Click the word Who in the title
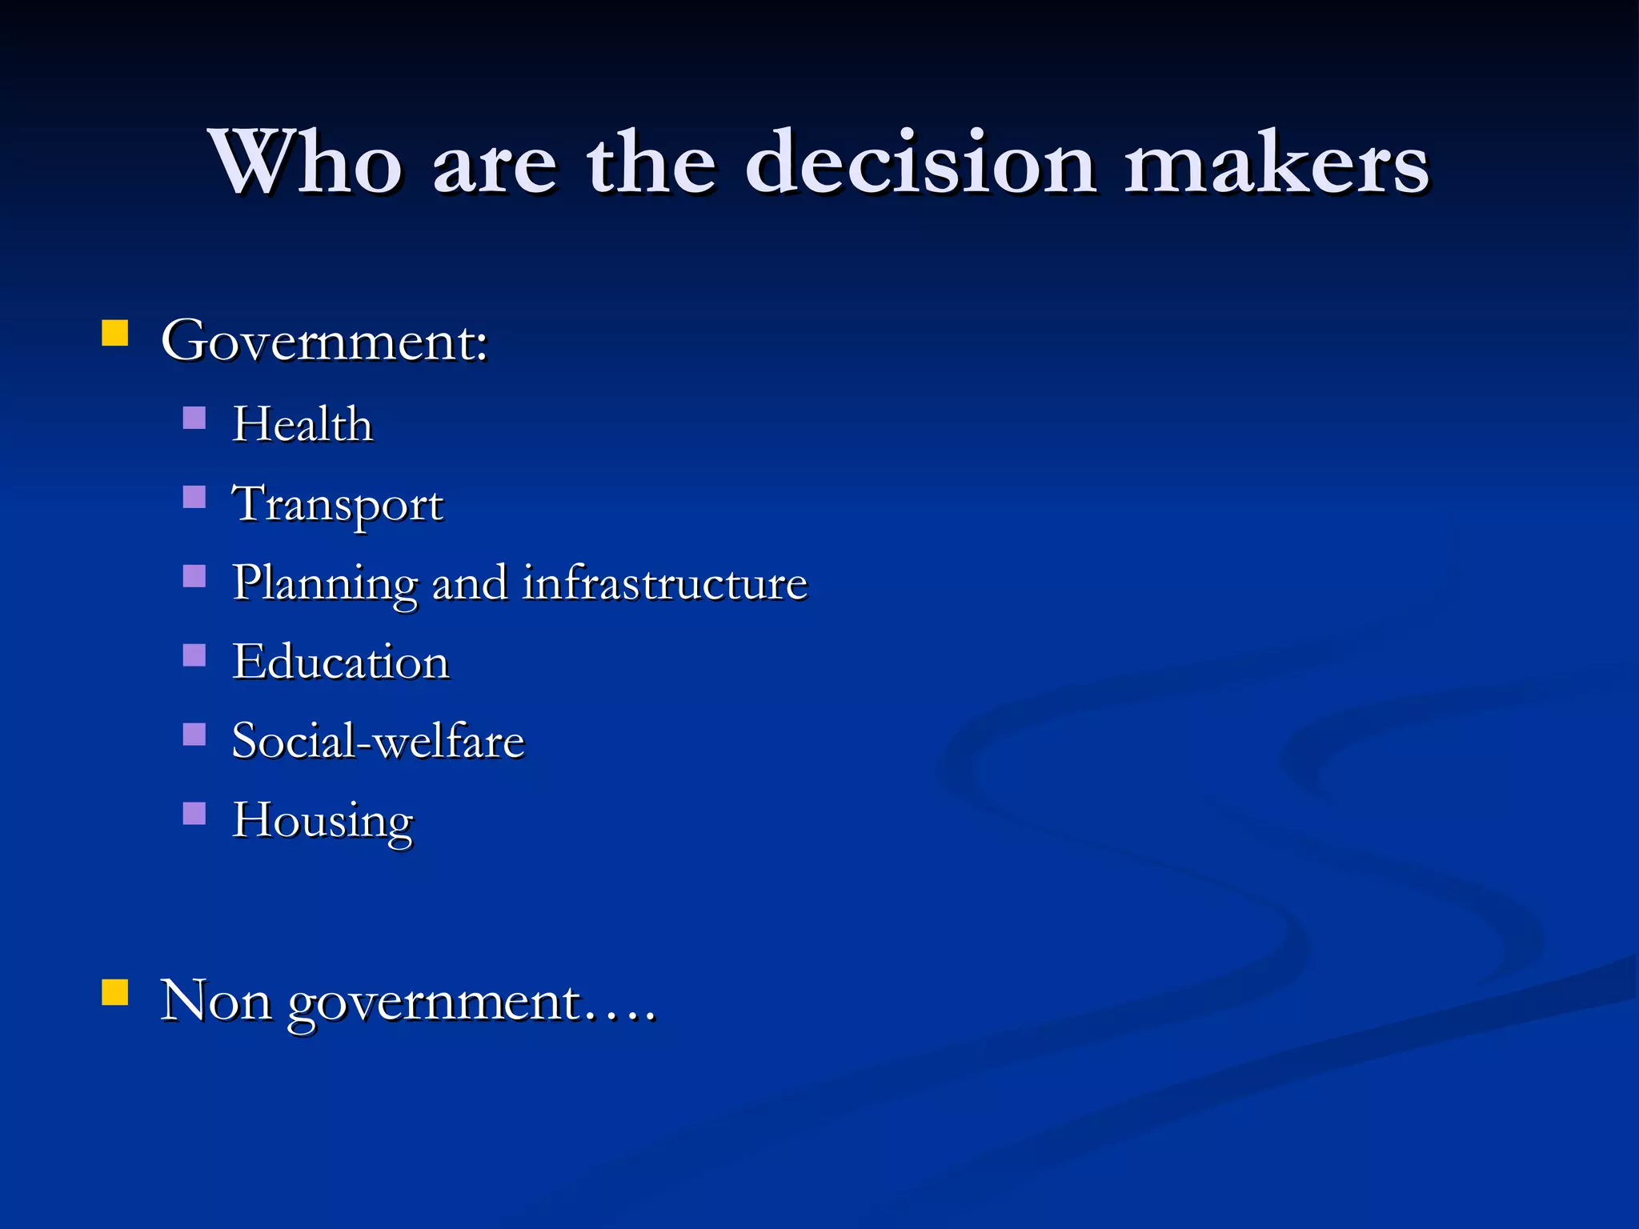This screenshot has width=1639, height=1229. [304, 163]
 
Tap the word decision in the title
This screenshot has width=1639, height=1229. [920, 163]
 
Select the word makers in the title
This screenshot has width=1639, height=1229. [1276, 163]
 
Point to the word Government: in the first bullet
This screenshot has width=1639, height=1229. [324, 342]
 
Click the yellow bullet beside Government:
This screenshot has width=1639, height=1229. [115, 333]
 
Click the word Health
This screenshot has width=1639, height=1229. [303, 424]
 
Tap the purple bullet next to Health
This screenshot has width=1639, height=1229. [194, 418]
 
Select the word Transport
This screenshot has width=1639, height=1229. [337, 505]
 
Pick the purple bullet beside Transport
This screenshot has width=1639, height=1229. [194, 497]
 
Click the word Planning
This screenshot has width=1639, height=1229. [325, 584]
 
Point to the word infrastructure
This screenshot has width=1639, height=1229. [665, 582]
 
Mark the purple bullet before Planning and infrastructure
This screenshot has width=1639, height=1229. [194, 576]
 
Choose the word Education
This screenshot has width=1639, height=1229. [341, 663]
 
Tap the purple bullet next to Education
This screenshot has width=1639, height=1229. [194, 655]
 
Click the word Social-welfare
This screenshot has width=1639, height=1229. [378, 741]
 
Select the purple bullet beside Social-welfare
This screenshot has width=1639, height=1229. [194, 734]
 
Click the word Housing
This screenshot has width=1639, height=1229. [323, 821]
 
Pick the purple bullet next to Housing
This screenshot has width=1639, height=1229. [194, 813]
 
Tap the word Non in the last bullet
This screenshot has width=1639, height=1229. [216, 1001]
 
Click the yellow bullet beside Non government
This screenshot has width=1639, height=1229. [115, 992]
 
